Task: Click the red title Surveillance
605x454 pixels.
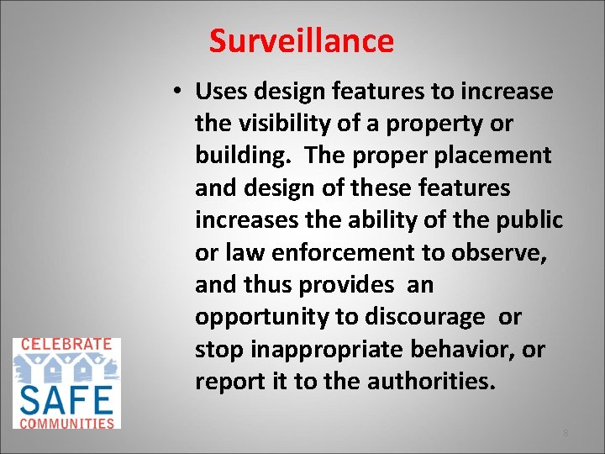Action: (301, 40)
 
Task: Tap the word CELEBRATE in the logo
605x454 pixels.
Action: (66, 344)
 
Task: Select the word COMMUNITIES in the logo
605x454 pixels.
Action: (66, 423)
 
